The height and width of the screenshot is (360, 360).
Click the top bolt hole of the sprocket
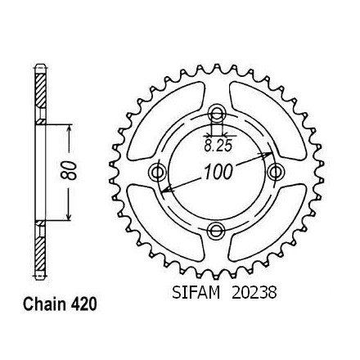tap(217, 113)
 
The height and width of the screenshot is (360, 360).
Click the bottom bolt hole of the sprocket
tap(216, 231)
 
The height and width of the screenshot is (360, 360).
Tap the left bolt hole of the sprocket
tap(158, 172)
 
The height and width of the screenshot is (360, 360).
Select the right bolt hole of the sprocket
tap(276, 172)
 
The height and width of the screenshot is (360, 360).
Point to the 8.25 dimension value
tap(218, 146)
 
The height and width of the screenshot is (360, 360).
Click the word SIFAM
tap(196, 293)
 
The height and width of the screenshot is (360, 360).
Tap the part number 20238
tap(254, 293)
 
